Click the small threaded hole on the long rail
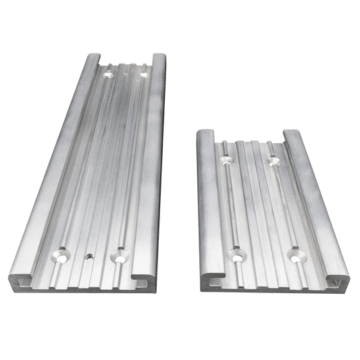88,257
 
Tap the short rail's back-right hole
273,159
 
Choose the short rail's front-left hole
236,255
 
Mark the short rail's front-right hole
294,255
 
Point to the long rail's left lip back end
92,55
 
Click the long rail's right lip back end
159,55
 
